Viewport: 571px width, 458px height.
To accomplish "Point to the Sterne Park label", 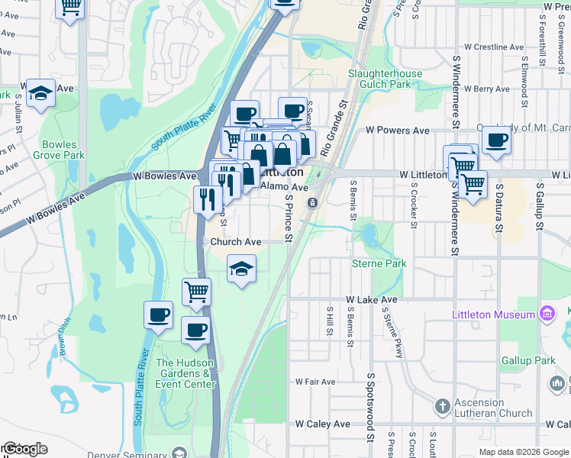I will pos(379,263).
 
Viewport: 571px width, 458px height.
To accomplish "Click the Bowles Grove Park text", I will pos(63,149).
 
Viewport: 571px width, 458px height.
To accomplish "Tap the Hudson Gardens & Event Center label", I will pos(183,373).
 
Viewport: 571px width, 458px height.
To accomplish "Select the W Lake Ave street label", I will pos(372,300).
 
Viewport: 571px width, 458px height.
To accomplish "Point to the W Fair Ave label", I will pos(315,382).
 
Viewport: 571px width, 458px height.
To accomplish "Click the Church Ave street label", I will pos(236,242).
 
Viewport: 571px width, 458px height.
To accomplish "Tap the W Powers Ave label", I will pos(397,131).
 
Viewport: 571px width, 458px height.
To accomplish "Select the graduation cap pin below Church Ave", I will pos(242,269).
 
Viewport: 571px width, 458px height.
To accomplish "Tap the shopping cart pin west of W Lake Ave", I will pos(196,292).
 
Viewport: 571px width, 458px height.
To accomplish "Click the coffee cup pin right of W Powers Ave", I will pos(496,141).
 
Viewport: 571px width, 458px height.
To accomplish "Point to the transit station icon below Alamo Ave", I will pos(312,202).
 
